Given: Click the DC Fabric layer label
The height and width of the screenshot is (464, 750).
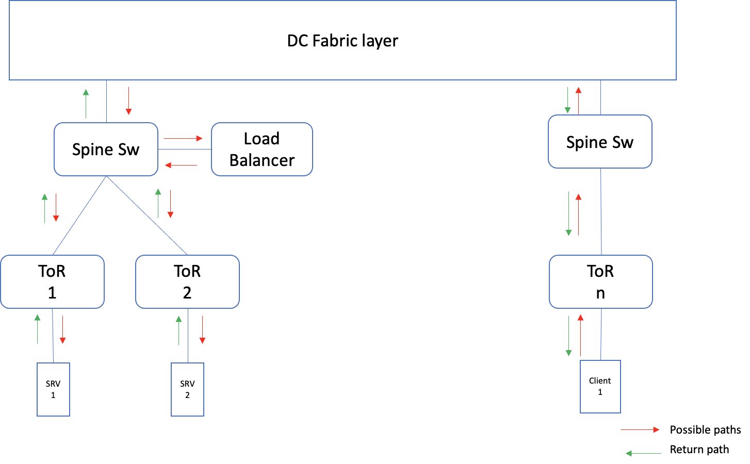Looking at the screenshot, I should pyautogui.click(x=343, y=41).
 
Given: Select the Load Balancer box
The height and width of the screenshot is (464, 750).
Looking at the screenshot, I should pyautogui.click(x=262, y=150).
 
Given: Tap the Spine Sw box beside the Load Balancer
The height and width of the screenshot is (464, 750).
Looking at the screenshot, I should pyautogui.click(x=106, y=150).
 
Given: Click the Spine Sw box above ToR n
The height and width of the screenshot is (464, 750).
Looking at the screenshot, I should pyautogui.click(x=600, y=142).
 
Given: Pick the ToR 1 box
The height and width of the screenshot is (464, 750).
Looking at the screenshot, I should pyautogui.click(x=52, y=281).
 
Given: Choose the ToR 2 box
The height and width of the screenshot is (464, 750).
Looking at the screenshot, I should pyautogui.click(x=187, y=281).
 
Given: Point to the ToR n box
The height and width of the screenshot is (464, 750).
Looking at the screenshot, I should pyautogui.click(x=600, y=281).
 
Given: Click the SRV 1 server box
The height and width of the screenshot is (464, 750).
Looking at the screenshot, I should pyautogui.click(x=53, y=389).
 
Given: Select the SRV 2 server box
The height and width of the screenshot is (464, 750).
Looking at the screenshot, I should pyautogui.click(x=187, y=389).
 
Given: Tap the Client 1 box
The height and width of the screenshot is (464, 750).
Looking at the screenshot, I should pyautogui.click(x=600, y=387).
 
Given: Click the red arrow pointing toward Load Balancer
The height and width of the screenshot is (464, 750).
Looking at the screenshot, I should pyautogui.click(x=183, y=138).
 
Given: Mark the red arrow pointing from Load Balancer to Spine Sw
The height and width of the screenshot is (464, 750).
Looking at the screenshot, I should pyautogui.click(x=181, y=165).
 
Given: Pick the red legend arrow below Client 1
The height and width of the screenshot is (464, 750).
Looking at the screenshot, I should pyautogui.click(x=640, y=429).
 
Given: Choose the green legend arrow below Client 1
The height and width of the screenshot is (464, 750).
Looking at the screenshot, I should pyautogui.click(x=643, y=454).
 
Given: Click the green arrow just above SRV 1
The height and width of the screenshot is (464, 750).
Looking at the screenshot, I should pyautogui.click(x=38, y=329).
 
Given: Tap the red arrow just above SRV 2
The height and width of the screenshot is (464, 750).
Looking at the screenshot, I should pyautogui.click(x=202, y=329).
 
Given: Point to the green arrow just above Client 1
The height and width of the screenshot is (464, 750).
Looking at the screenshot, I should pyautogui.click(x=568, y=336).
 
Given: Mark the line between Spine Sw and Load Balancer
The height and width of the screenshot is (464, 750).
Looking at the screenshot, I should pyautogui.click(x=184, y=150).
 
